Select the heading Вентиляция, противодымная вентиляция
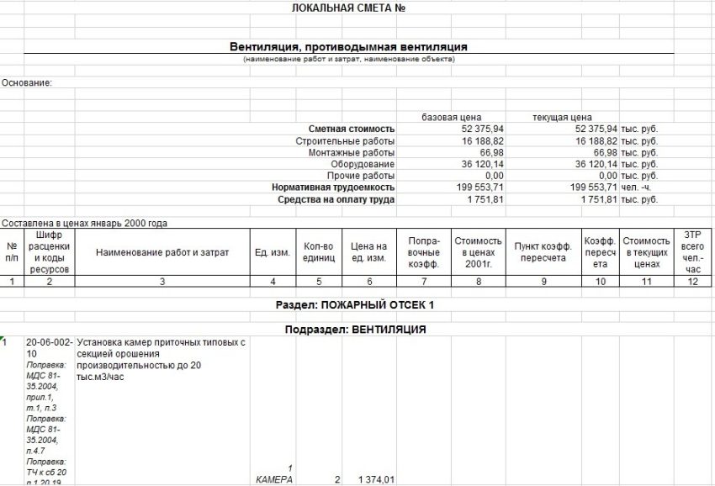coord(348,47)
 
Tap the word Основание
coord(27,82)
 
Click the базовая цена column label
coord(451,116)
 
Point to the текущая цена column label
coord(563,116)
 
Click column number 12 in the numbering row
coord(693,283)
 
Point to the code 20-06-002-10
coord(50,348)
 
